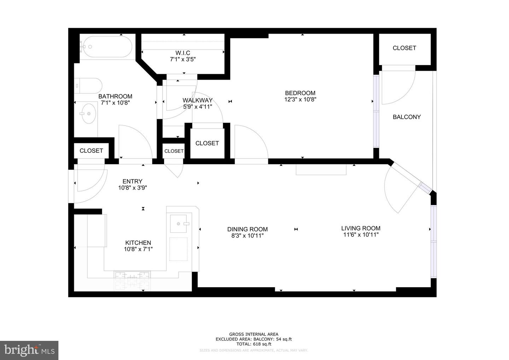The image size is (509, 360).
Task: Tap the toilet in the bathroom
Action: pyautogui.click(x=90, y=85)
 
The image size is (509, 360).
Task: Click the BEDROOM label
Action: pyautogui.click(x=300, y=93)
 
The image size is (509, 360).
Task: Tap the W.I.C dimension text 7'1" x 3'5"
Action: pyautogui.click(x=183, y=59)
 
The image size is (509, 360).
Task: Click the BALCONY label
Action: pyautogui.click(x=406, y=117)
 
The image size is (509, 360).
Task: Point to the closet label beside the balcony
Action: pyautogui.click(x=404, y=48)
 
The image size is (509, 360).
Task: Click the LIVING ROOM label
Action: pyautogui.click(x=361, y=228)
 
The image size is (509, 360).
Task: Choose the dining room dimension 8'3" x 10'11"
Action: pyautogui.click(x=247, y=236)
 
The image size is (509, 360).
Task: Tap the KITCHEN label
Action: pyautogui.click(x=138, y=243)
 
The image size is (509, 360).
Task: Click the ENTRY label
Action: pyautogui.click(x=132, y=181)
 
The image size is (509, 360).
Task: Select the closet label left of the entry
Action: pyautogui.click(x=91, y=151)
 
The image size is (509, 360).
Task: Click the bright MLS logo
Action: pyautogui.click(x=29, y=350)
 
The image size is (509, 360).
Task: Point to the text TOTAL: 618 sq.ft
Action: pyautogui.click(x=253, y=344)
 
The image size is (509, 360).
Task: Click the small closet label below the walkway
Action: pyautogui.click(x=174, y=151)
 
